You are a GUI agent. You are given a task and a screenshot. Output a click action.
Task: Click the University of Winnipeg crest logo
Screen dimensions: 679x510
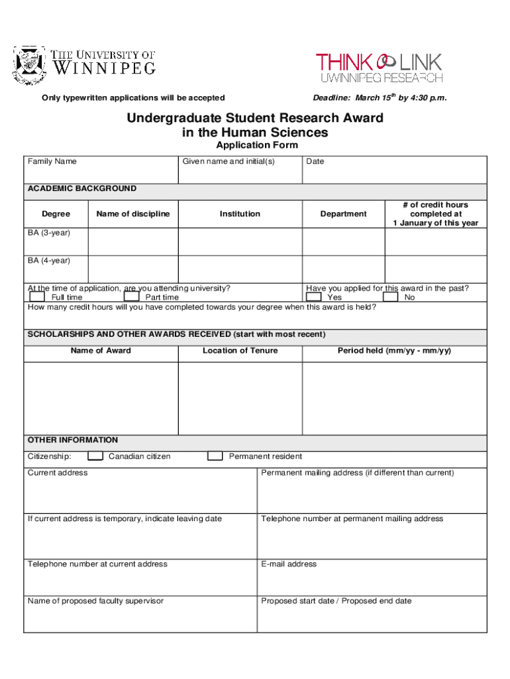coord(30,65)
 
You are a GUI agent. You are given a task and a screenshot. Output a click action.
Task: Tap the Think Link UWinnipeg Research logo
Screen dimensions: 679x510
coord(379,68)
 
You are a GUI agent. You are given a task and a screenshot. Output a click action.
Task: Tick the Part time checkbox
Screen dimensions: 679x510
coord(132,296)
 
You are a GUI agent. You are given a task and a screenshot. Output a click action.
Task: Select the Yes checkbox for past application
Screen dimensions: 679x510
coord(313,296)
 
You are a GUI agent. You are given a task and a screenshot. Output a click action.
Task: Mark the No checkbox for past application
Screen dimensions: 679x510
coord(391,296)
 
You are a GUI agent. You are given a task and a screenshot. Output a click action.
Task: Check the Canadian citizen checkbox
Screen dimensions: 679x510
coord(96,456)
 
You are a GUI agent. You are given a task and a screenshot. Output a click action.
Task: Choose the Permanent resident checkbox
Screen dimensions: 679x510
coord(215,456)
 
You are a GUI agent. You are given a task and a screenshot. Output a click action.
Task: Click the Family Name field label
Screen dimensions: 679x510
coord(52,161)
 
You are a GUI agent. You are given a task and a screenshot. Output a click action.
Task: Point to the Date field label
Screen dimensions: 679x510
coord(315,161)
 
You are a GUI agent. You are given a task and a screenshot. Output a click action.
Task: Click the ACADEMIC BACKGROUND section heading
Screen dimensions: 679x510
coord(82,188)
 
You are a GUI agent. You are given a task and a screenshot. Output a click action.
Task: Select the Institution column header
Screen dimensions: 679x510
coord(240,214)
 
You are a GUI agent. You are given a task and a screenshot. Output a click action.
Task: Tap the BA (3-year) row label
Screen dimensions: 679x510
coord(49,233)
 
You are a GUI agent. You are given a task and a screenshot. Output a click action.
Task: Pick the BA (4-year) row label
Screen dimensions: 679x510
coord(49,261)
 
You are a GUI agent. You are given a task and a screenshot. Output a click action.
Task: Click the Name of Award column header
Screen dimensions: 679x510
coord(101,351)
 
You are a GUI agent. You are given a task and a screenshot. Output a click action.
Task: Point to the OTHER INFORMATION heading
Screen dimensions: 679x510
coord(73,440)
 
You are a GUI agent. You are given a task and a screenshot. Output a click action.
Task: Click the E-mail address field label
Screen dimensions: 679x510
coord(289,564)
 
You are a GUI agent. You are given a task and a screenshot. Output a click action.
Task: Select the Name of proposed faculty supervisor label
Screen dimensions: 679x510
coord(95,601)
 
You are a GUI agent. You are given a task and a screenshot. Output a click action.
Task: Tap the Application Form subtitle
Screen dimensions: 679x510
coord(257,145)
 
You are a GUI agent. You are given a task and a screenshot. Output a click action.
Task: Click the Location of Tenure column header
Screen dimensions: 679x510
coord(240,351)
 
